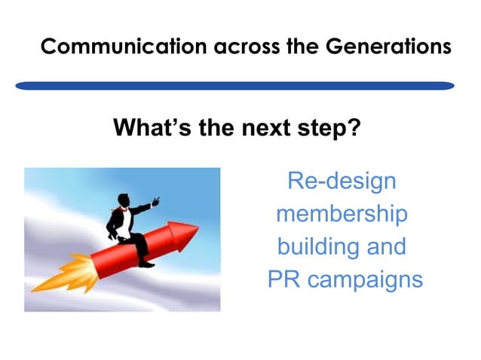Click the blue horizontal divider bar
pyautogui.click(x=234, y=86)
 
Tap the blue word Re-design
pyautogui.click(x=342, y=182)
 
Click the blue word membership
pyautogui.click(x=342, y=214)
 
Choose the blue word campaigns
pyautogui.click(x=365, y=280)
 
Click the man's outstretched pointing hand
pyautogui.click(x=157, y=201)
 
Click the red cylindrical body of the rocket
pyautogui.click(x=128, y=252)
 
